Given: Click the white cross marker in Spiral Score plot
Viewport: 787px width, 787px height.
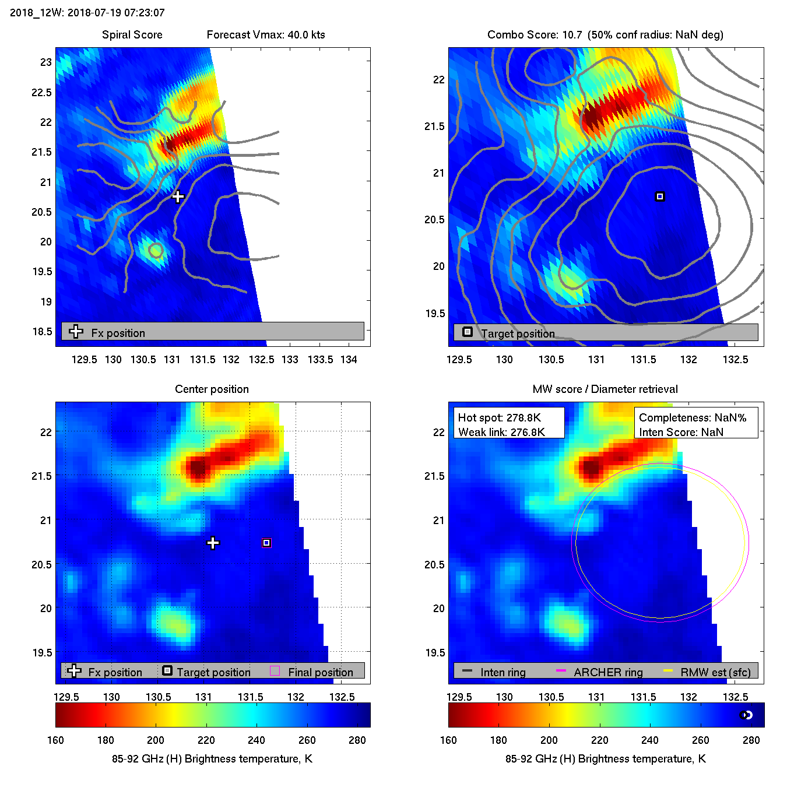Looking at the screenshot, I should coord(178,196).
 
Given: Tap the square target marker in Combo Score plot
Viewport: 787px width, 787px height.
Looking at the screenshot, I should coord(660,196).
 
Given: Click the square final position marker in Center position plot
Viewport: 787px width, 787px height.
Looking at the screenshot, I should coord(266,543).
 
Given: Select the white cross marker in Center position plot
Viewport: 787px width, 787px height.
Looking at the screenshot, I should coord(213,543).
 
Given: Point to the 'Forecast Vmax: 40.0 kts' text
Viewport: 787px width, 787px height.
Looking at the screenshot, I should coord(266,34).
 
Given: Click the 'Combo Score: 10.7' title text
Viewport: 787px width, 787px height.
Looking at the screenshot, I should coord(535,34).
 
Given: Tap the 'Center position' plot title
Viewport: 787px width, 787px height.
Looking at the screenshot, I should coord(212,389).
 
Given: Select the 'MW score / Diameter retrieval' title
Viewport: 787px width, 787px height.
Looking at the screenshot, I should coord(605,389).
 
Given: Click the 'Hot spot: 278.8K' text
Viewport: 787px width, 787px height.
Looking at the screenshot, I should coord(500,417).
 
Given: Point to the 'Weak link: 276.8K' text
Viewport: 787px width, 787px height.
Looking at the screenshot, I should coord(501,432).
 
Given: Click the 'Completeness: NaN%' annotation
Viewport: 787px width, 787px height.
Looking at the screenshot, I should coord(693,417).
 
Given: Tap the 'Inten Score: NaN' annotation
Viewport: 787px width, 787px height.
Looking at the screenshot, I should coord(681,432).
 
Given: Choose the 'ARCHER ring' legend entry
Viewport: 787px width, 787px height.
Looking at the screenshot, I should coord(608,672).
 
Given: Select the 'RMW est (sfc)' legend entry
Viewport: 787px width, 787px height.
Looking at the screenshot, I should coord(715,672).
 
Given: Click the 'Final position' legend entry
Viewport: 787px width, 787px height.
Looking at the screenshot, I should coord(320,672).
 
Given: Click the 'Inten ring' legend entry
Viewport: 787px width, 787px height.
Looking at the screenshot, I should coord(503,672).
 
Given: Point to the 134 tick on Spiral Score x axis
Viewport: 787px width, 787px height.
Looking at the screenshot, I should coord(349,359).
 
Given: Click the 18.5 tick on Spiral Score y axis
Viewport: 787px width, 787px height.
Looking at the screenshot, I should coord(42,331).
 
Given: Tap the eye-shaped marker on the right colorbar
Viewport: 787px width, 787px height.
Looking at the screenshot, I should coord(746,715).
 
